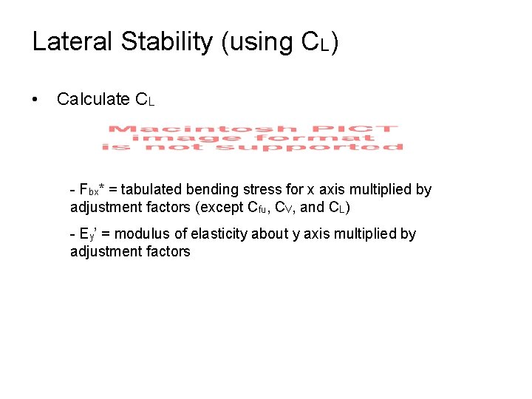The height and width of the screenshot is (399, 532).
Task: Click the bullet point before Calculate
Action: (x=35, y=99)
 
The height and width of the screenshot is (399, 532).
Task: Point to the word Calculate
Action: (x=93, y=99)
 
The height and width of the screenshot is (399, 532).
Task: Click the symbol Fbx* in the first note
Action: (x=94, y=190)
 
